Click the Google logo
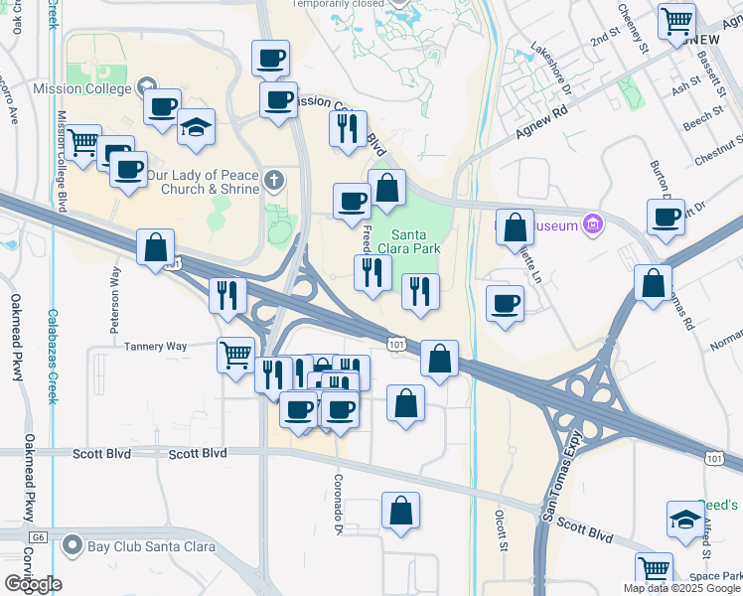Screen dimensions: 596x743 coord(33,584)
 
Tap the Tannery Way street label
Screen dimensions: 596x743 coord(155,346)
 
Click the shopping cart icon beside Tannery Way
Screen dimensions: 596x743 coord(235,354)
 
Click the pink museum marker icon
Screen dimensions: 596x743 coord(593,223)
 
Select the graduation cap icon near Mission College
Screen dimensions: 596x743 coord(197,127)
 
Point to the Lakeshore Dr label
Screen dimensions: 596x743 coord(552,69)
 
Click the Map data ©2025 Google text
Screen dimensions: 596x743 coord(680,588)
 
